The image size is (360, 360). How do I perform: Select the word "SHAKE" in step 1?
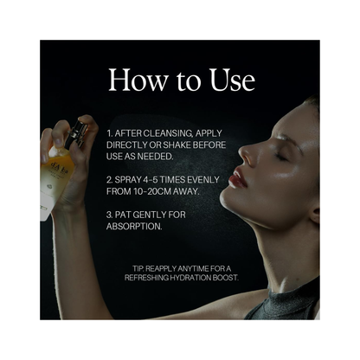[176, 145]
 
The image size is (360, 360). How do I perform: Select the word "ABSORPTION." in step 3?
[134, 227]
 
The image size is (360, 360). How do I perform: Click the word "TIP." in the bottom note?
[138, 269]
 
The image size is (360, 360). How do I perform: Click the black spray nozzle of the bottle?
[74, 133]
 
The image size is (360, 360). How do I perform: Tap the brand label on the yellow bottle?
[60, 170]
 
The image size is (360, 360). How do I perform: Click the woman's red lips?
[238, 178]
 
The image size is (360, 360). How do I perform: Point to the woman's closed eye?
[281, 157]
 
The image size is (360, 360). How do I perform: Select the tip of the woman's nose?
[241, 150]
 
